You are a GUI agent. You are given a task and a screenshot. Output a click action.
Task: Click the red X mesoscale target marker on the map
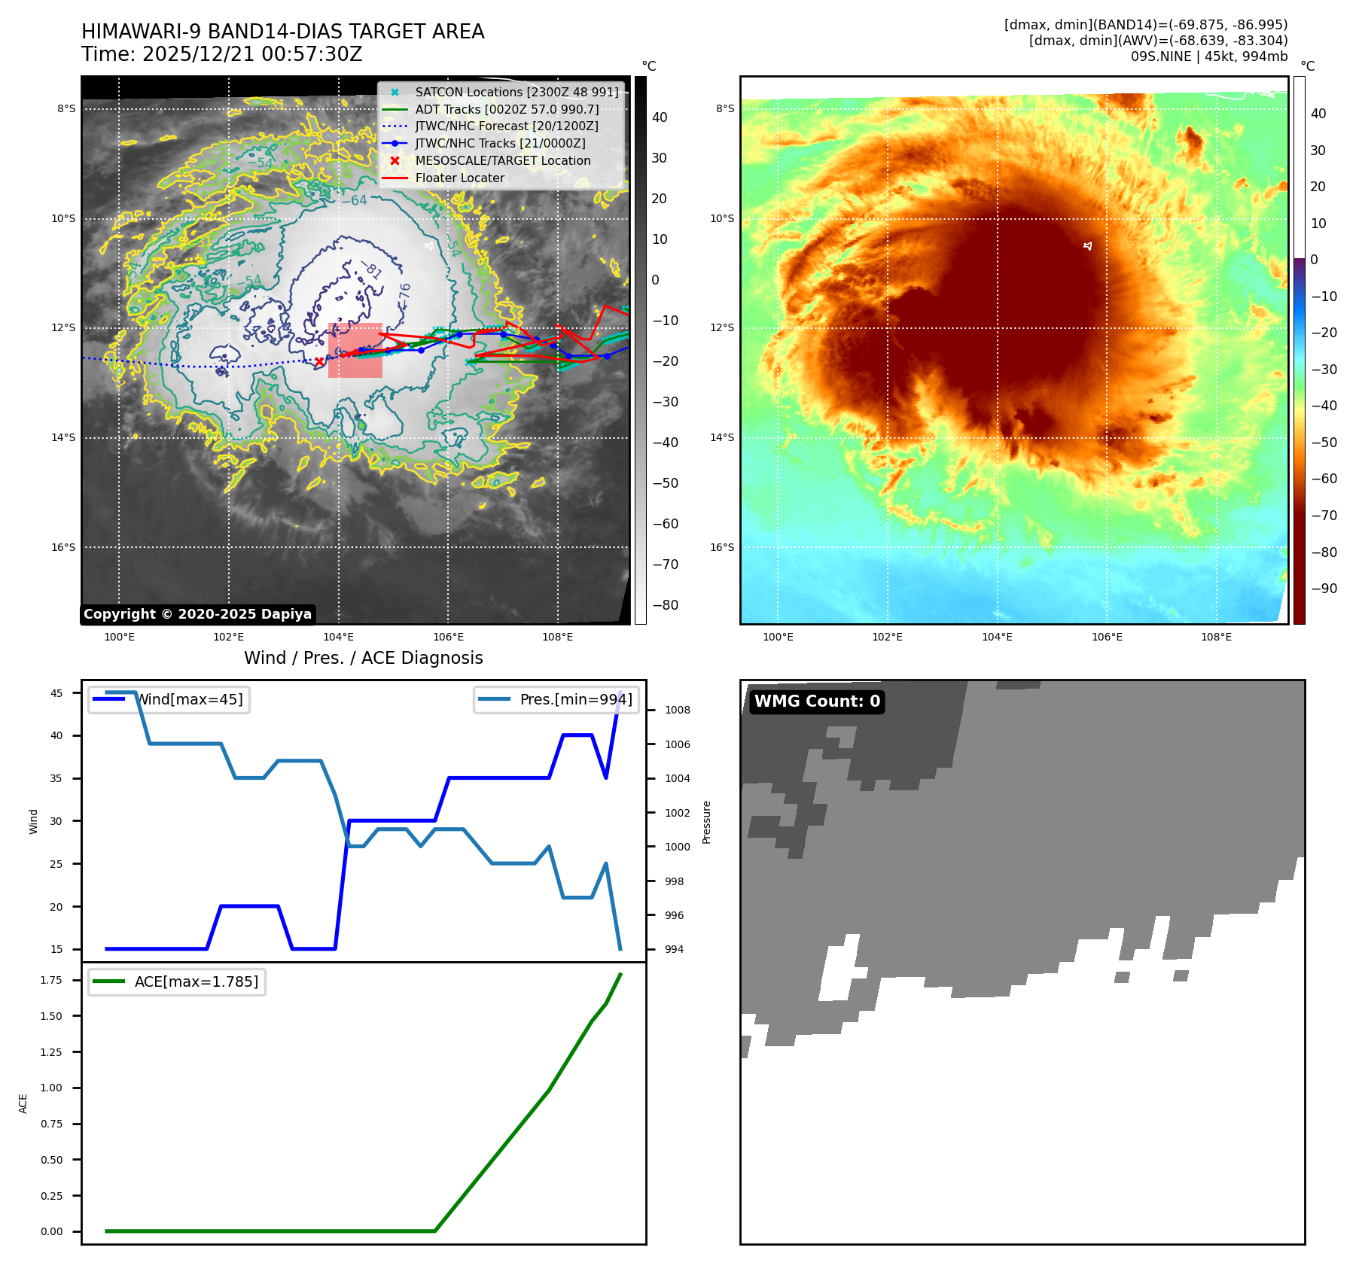click(319, 362)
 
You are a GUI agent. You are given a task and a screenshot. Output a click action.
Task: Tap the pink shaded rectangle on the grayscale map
click(355, 351)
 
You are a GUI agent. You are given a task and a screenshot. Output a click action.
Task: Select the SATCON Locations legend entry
click(516, 92)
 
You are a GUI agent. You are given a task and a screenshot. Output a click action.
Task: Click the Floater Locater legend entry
click(459, 178)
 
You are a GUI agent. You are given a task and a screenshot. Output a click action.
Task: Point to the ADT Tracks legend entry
click(507, 109)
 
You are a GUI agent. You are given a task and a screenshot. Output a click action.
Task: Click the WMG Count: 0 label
click(817, 701)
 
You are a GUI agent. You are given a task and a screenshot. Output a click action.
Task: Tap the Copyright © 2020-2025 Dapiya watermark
click(197, 614)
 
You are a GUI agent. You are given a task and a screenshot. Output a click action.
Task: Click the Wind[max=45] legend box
click(169, 700)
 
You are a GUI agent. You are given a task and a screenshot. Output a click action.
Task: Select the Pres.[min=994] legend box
click(557, 700)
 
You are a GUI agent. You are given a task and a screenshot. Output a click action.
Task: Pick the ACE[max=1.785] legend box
click(177, 982)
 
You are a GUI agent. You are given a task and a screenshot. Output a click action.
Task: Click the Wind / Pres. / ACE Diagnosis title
click(364, 659)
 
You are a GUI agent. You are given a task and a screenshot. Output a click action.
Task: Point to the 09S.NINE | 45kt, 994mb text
click(1208, 56)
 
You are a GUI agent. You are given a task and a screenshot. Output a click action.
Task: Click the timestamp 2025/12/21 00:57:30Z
click(251, 55)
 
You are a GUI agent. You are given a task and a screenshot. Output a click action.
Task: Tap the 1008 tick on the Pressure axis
click(677, 711)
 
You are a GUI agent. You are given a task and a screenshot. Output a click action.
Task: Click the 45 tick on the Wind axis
click(56, 693)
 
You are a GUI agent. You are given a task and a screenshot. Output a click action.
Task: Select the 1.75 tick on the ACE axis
click(51, 981)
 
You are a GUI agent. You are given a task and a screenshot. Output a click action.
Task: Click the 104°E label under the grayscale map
click(339, 638)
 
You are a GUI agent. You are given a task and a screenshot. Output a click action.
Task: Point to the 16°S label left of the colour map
click(721, 548)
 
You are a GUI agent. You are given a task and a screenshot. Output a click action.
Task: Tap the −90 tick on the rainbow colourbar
click(1324, 589)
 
